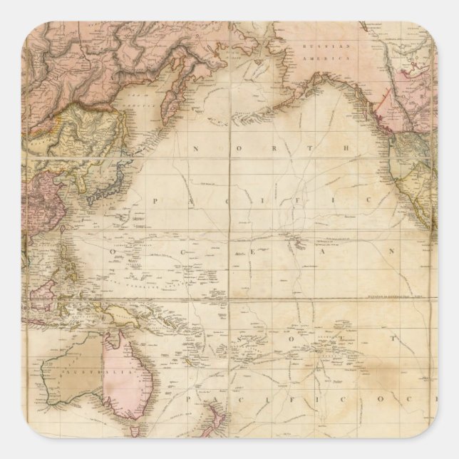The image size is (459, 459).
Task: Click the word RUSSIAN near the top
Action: click(x=317, y=45)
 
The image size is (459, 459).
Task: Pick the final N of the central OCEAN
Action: click(x=391, y=252)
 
